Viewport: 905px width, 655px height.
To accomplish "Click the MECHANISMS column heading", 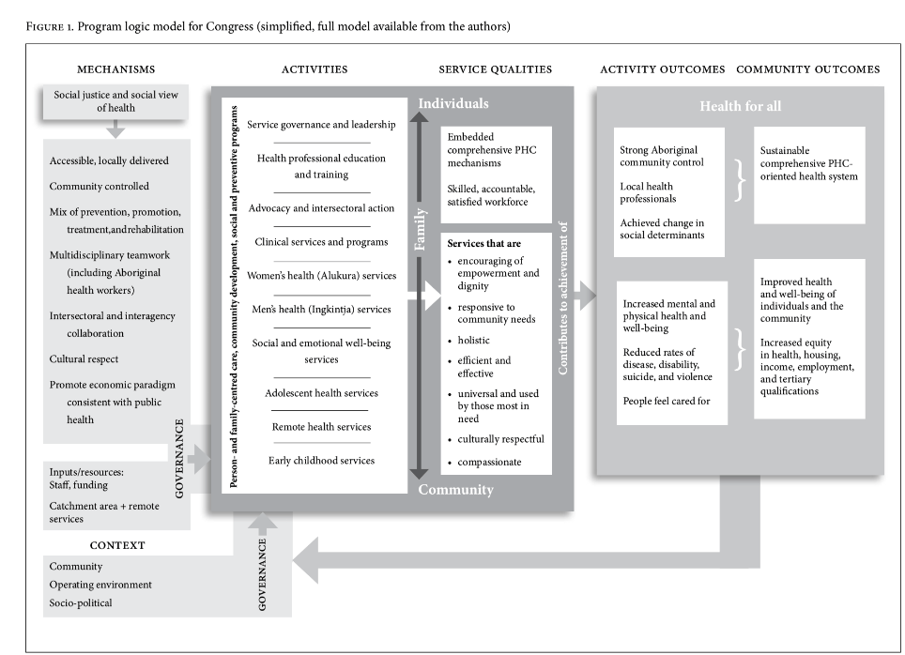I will [115, 69].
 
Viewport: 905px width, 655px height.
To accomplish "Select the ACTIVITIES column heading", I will [314, 69].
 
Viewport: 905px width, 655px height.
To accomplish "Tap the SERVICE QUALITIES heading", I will [495, 69].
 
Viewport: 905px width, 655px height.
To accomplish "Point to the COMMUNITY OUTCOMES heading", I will [807, 69].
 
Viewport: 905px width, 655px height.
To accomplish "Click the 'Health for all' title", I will [740, 106].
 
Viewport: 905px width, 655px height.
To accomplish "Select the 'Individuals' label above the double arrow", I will [453, 102].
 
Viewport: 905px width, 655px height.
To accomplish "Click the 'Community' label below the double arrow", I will [455, 490].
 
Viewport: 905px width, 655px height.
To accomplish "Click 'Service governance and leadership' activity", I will [321, 124].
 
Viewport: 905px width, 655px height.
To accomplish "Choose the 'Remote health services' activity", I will [321, 427].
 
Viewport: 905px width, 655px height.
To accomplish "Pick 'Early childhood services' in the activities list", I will [321, 461].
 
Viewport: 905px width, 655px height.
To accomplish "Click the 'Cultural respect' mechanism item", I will [84, 359].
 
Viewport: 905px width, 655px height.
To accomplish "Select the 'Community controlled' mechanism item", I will [99, 187].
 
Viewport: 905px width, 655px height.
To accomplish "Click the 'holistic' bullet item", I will [474, 340].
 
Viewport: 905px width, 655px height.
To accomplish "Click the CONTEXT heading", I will [117, 545].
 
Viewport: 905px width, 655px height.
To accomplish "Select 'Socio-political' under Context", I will [81, 602].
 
